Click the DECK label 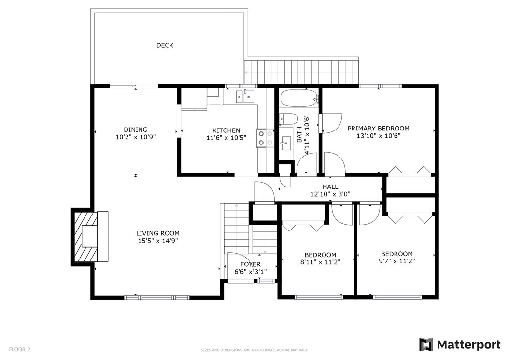[165, 45]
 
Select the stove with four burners [265, 138]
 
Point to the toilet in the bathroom [288, 118]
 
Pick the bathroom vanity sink [286, 143]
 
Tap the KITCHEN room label [226, 130]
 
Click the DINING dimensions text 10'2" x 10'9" [136, 137]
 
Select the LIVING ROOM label [158, 233]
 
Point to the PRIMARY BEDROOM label [378, 129]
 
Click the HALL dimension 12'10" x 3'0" [330, 194]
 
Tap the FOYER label [250, 264]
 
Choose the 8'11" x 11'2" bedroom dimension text [320, 262]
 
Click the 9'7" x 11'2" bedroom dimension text [396, 261]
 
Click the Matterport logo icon [426, 345]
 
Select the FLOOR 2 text [19, 349]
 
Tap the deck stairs [301, 72]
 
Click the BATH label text [299, 134]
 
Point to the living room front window [156, 297]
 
